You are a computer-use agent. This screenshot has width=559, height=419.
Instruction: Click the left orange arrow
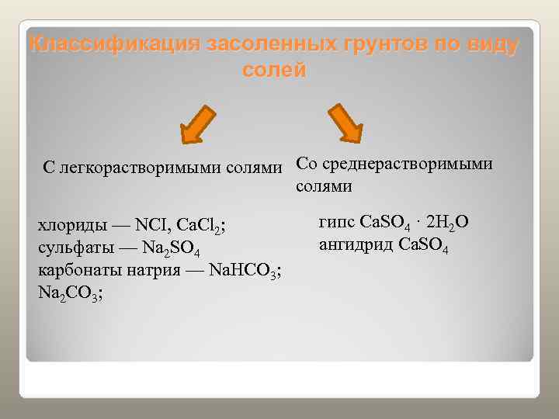[x=197, y=124]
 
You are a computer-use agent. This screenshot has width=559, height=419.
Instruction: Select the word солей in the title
[x=274, y=70]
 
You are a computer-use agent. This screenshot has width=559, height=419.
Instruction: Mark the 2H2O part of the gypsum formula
[x=447, y=223]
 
